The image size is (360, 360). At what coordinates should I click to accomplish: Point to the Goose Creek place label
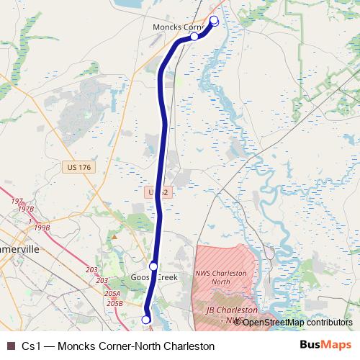click(x=153, y=278)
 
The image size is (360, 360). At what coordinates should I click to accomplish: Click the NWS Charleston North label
click(x=220, y=278)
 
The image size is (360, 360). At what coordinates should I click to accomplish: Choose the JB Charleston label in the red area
click(x=226, y=310)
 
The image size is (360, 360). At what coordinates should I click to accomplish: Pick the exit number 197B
click(x=26, y=209)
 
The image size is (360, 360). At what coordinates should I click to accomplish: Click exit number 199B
click(x=42, y=228)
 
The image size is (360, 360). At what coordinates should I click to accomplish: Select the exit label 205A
click(x=112, y=294)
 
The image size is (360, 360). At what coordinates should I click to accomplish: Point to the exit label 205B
click(x=114, y=303)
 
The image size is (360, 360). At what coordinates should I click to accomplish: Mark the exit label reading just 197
click(x=17, y=202)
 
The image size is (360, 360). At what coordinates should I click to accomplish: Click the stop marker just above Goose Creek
click(x=153, y=266)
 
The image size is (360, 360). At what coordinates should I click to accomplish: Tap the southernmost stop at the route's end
click(x=145, y=320)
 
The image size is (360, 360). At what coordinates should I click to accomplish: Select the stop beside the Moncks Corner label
click(x=194, y=36)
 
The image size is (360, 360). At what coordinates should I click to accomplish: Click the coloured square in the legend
click(x=10, y=346)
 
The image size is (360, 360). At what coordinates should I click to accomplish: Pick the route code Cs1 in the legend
click(x=30, y=346)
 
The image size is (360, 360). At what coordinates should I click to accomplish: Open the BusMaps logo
click(x=325, y=345)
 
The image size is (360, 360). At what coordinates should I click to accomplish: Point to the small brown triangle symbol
click(x=114, y=235)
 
